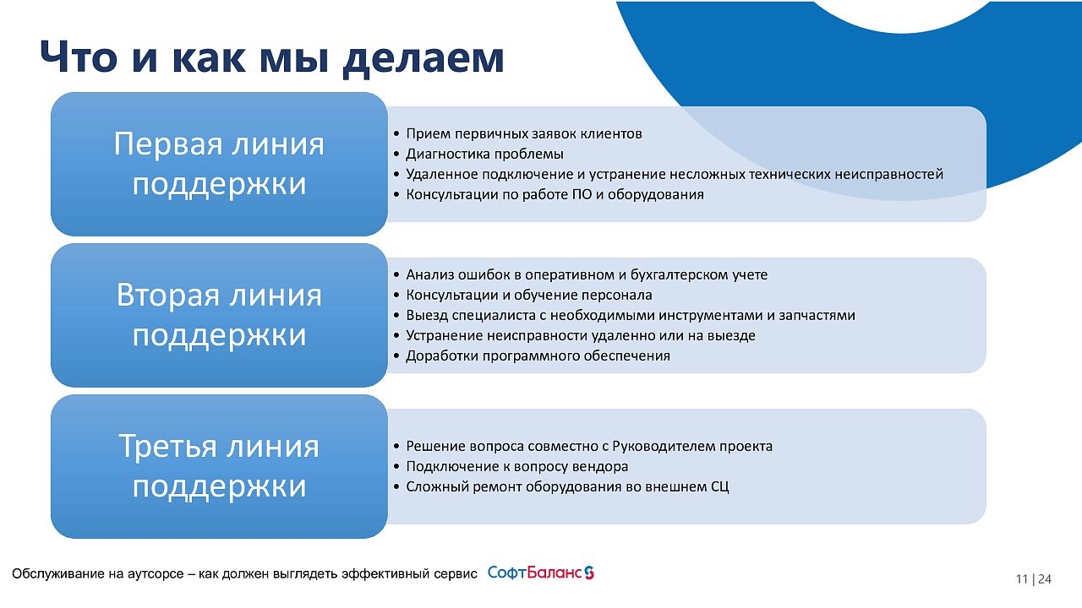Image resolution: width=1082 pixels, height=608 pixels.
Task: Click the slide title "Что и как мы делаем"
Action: point(272,58)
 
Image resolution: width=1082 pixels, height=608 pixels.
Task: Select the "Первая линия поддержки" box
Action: point(219,164)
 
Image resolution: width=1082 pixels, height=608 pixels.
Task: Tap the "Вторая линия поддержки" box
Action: point(219,315)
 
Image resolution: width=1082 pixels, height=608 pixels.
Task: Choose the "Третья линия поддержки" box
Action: point(219,466)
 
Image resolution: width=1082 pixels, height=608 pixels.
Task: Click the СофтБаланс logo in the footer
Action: point(540,573)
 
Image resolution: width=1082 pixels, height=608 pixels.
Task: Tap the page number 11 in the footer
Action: point(1022,579)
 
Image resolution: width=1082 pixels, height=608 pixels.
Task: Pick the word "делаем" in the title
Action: point(424,59)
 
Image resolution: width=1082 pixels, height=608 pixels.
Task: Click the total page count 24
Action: point(1045,579)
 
